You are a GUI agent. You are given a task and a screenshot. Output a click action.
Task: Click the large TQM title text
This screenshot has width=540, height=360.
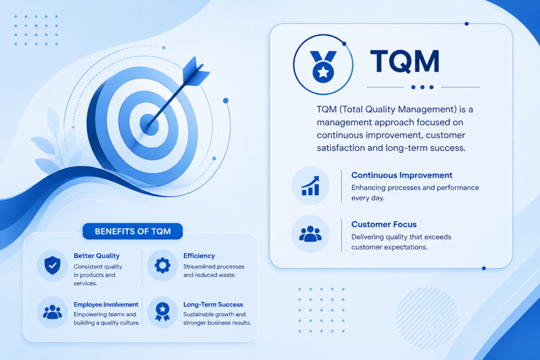point(404,61)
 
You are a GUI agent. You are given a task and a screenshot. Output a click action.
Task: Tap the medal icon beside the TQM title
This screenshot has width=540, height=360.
point(323,67)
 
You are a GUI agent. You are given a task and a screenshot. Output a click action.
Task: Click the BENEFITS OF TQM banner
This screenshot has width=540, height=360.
point(132,231)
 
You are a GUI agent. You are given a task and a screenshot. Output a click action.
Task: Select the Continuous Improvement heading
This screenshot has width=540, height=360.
point(401,175)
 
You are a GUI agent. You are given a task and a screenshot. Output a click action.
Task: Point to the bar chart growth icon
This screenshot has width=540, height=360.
point(310,186)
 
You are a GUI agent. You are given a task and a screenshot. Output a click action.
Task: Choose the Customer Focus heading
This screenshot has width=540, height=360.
point(384,225)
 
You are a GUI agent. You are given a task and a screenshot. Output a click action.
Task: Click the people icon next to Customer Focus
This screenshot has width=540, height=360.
point(310,234)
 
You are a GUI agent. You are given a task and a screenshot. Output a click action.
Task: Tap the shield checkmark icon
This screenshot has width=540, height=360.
point(52,265)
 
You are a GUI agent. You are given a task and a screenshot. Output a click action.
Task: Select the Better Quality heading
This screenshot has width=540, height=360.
point(97,256)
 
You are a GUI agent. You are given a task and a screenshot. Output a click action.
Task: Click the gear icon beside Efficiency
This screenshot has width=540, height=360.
point(162,265)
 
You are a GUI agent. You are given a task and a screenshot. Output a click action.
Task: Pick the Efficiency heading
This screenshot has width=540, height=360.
point(199,256)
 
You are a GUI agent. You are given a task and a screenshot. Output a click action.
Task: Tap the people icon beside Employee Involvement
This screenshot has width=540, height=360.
point(52,312)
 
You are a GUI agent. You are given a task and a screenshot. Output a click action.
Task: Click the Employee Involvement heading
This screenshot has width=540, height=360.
point(105,305)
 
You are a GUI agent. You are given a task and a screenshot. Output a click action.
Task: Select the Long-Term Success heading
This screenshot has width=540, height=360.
point(213,305)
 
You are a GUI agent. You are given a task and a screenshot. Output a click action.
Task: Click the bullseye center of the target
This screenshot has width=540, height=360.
point(149,124)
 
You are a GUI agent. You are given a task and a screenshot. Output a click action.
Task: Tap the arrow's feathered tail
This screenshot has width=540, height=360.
point(195,71)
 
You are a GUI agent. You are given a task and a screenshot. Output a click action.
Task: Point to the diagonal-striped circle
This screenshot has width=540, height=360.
point(427,317)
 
